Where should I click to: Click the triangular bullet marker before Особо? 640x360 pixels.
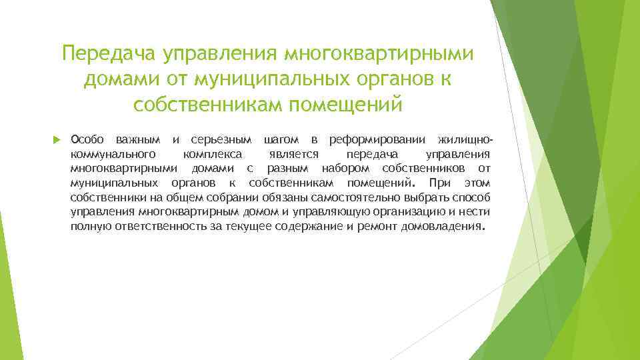[x=56, y=140]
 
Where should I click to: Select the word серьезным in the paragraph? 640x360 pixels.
[x=221, y=139]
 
